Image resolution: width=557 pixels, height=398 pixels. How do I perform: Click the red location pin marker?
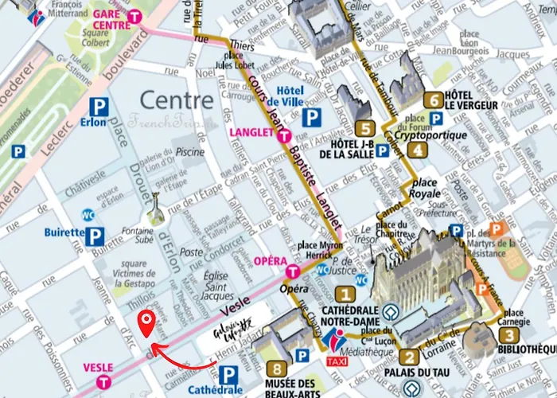pyautogui.click(x=146, y=322)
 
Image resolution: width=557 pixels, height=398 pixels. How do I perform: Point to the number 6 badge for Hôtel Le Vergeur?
pyautogui.click(x=433, y=100)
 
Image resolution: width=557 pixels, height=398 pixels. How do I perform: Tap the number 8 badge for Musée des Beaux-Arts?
pyautogui.click(x=276, y=369)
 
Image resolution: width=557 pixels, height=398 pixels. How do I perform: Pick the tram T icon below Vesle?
pyautogui.click(x=103, y=382)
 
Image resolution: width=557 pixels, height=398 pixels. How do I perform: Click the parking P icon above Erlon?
pyautogui.click(x=99, y=106)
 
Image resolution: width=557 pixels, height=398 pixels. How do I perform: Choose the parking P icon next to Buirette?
pyautogui.click(x=96, y=235)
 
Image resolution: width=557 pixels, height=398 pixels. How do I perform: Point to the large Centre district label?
pyautogui.click(x=177, y=100)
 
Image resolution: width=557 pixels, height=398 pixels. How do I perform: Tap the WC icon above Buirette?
pyautogui.click(x=89, y=215)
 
